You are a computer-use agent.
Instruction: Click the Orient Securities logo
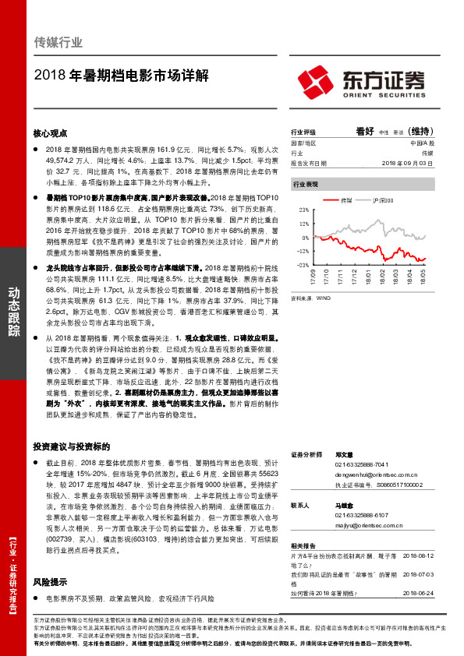click(x=361, y=82)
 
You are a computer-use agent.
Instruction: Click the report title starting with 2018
click(x=122, y=77)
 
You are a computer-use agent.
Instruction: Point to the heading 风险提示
click(x=51, y=581)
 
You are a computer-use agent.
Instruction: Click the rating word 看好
click(x=365, y=132)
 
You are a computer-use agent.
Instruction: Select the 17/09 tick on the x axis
click(x=313, y=277)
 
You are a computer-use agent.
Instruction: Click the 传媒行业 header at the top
click(x=58, y=43)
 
